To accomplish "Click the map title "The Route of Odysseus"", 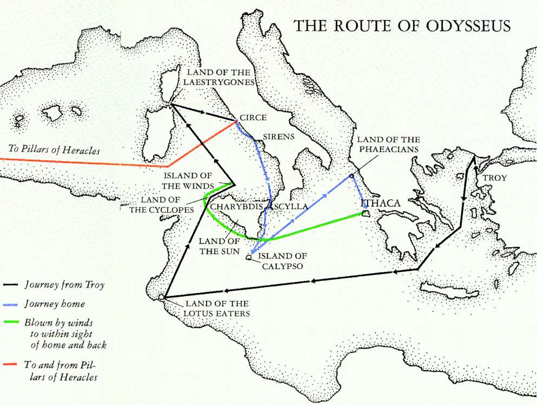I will (401, 26).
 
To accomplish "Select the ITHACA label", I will (381, 203).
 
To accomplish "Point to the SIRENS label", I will (278, 136).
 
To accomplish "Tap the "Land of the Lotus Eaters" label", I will (217, 308).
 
